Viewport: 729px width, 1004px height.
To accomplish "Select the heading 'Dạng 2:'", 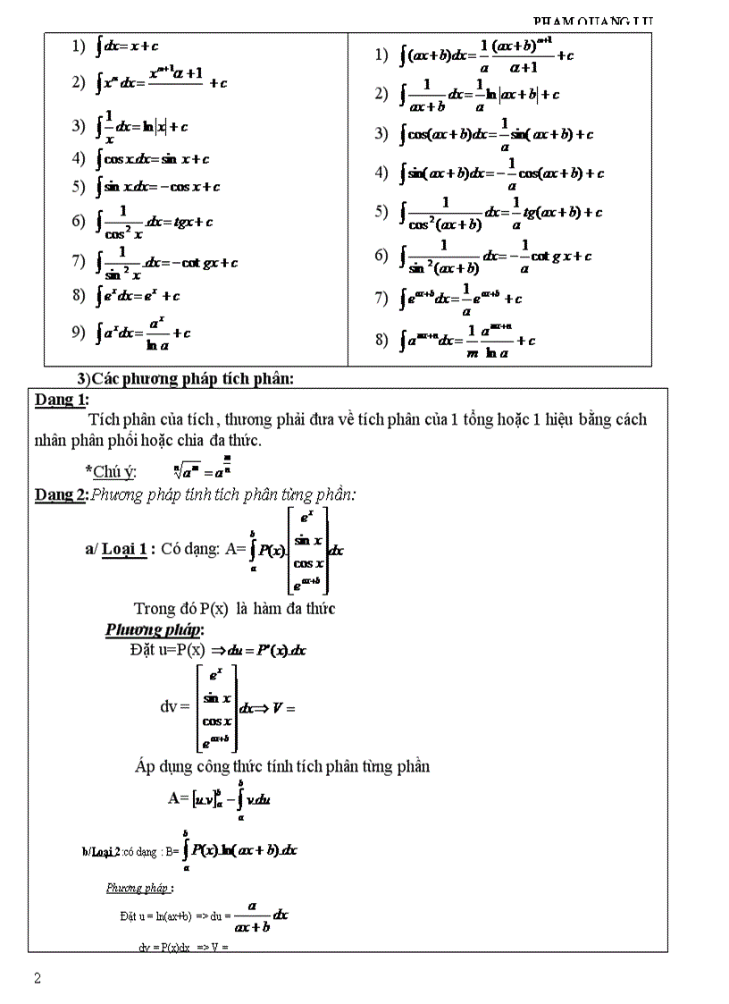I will (x=61, y=494).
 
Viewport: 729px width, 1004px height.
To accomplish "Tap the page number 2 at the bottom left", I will (x=38, y=977).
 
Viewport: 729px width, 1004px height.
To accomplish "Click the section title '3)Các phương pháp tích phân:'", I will (x=186, y=378).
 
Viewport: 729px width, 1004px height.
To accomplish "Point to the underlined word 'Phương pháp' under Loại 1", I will (x=154, y=629).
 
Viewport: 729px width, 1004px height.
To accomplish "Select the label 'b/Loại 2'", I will (x=100, y=850).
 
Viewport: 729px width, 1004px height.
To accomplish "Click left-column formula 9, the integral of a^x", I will (x=143, y=333).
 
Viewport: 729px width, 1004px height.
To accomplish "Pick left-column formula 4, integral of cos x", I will (x=152, y=159).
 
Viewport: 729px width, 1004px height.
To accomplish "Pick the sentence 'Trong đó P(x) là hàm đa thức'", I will (x=234, y=609).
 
